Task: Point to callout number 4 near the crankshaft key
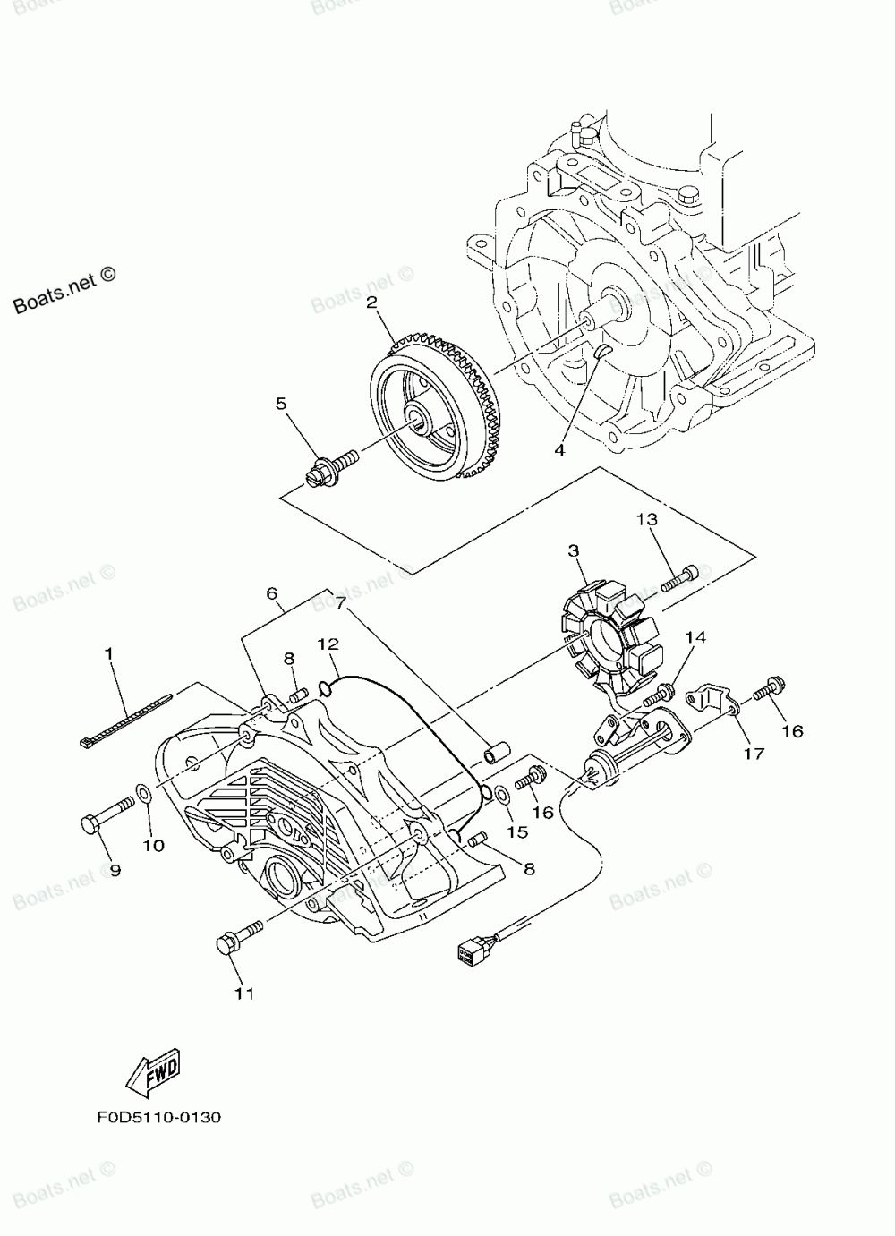click(x=559, y=450)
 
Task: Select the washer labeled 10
click(x=143, y=793)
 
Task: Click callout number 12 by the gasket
click(x=328, y=644)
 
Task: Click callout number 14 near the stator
click(x=695, y=637)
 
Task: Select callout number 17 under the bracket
click(x=753, y=753)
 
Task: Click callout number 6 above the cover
click(x=273, y=593)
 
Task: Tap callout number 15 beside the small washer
click(x=516, y=831)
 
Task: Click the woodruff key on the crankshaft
click(x=602, y=351)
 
